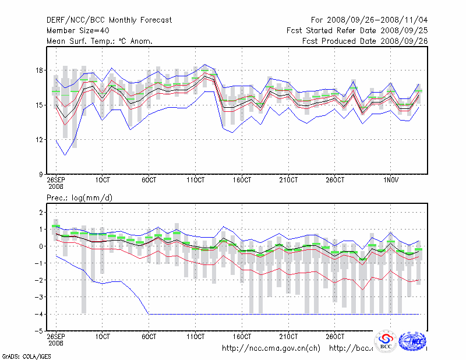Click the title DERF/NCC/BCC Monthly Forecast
[109, 20]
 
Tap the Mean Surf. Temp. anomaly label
[100, 41]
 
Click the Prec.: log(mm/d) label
[79, 198]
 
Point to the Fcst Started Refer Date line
[357, 30]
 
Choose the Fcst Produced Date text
[364, 41]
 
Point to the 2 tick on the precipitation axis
[41, 213]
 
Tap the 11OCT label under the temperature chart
[196, 181]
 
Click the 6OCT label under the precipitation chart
[150, 337]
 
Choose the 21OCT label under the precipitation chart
[289, 337]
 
